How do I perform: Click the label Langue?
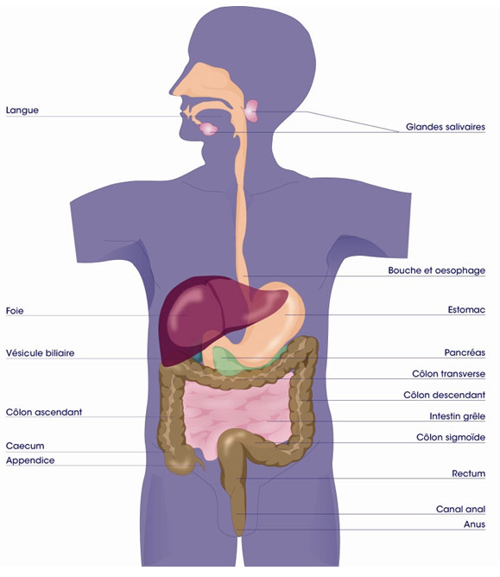click(22, 111)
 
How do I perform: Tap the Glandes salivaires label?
click(446, 127)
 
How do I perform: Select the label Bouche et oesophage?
click(436, 270)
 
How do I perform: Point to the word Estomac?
click(466, 310)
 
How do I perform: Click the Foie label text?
click(15, 311)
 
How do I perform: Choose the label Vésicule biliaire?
click(40, 353)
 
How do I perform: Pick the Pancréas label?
click(465, 352)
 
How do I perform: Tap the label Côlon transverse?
click(448, 374)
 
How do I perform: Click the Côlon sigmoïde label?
click(451, 437)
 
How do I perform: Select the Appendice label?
click(30, 460)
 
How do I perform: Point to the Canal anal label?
click(460, 509)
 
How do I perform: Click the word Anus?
click(474, 524)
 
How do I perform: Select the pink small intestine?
click(236, 409)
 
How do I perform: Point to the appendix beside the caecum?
click(200, 462)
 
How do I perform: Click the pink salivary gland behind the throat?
click(251, 111)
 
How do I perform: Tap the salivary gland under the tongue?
click(208, 129)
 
